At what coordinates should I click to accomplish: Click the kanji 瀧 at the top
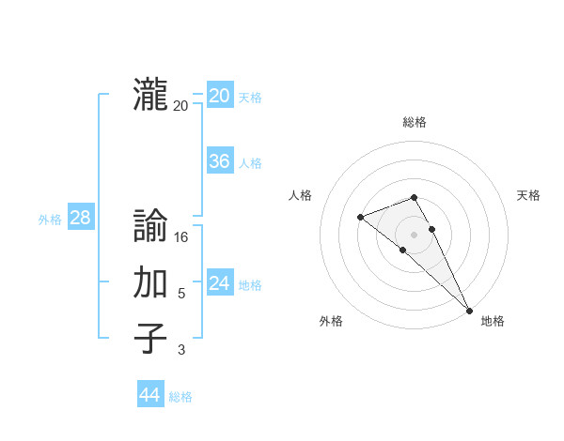(x=150, y=96)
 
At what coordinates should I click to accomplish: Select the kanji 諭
(x=150, y=227)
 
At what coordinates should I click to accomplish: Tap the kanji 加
(x=150, y=282)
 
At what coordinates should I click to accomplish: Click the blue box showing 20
(x=219, y=96)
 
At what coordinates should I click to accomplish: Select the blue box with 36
(x=219, y=161)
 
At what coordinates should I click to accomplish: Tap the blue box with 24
(x=219, y=283)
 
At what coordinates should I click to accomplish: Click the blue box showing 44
(x=149, y=395)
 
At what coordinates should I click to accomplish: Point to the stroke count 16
(x=181, y=238)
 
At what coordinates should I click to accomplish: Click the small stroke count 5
(x=181, y=294)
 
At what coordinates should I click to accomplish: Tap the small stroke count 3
(x=181, y=350)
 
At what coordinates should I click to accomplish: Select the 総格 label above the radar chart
(x=415, y=122)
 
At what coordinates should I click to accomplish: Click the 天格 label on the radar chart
(x=528, y=195)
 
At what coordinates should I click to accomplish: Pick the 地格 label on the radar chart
(x=493, y=321)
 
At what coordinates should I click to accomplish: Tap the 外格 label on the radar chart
(x=331, y=321)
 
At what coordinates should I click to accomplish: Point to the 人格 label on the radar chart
(x=300, y=195)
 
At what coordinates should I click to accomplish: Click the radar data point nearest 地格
(x=469, y=310)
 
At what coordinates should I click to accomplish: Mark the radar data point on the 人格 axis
(x=360, y=218)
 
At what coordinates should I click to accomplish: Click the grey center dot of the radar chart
(x=414, y=235)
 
